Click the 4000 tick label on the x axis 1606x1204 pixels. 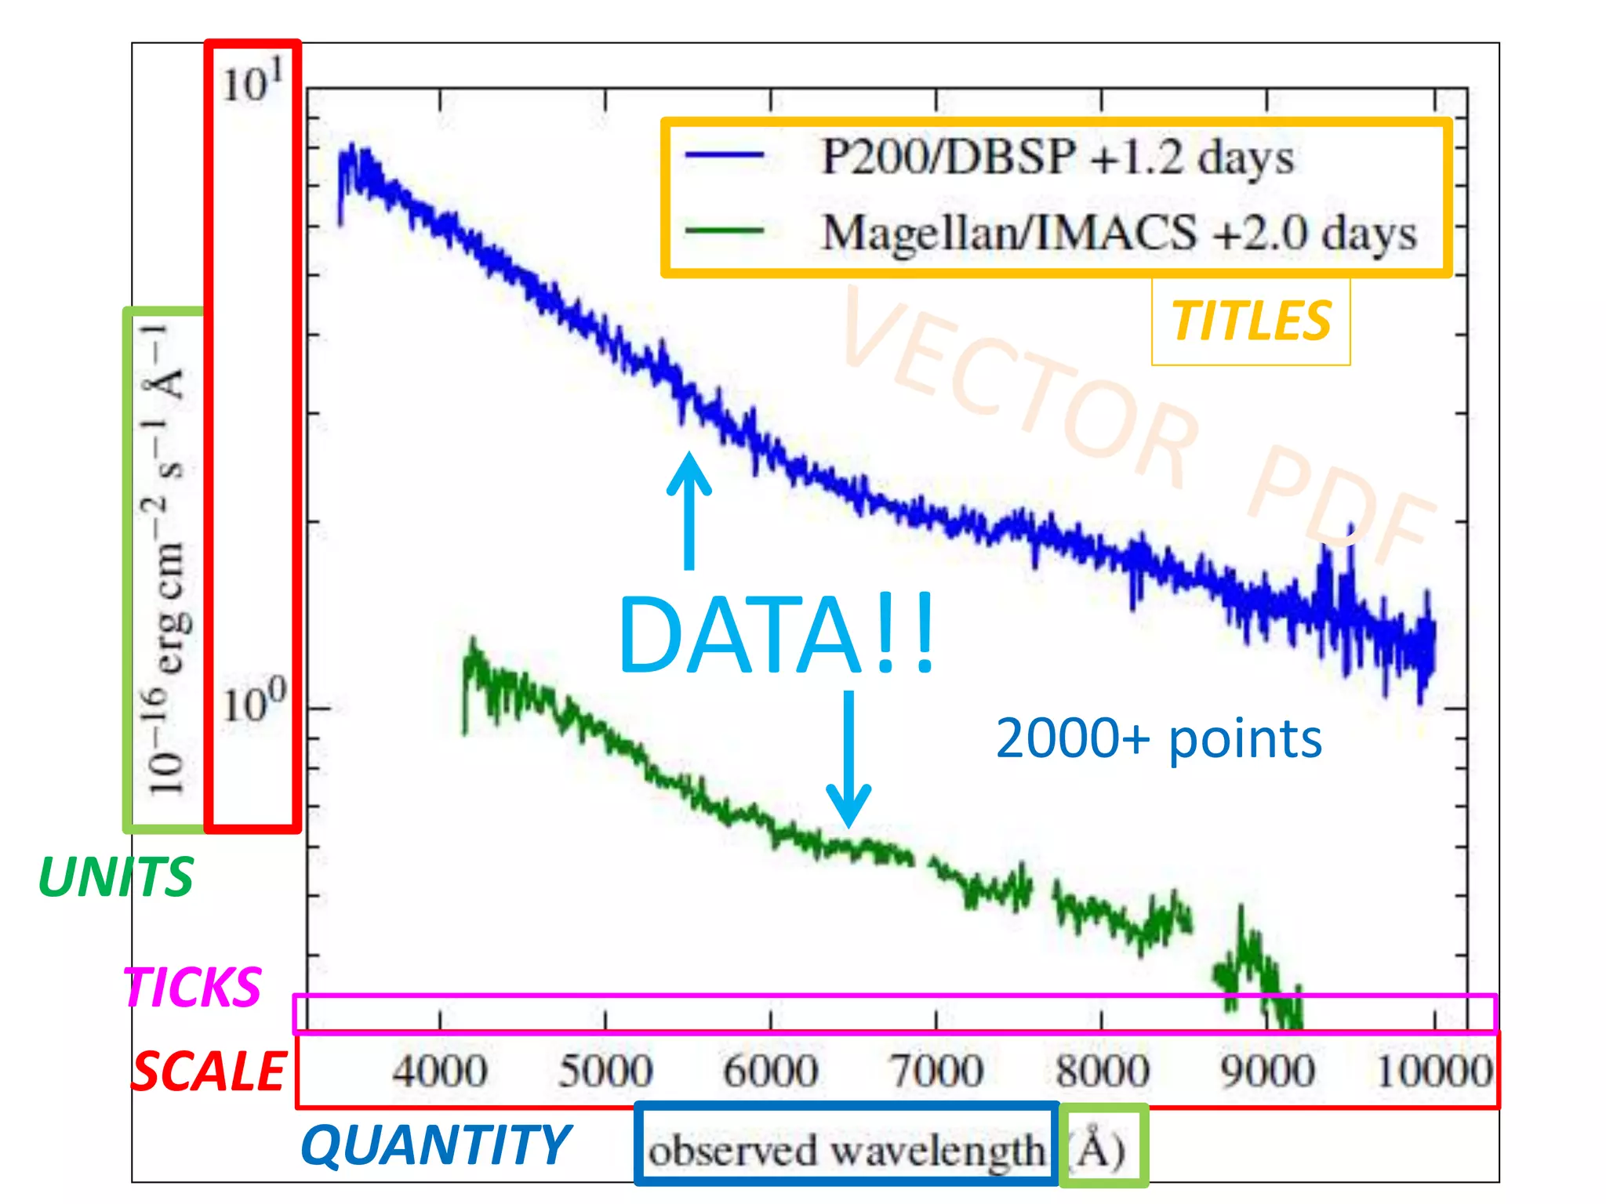tap(440, 1071)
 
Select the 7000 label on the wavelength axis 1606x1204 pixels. tap(936, 1071)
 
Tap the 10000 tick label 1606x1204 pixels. tap(1434, 1071)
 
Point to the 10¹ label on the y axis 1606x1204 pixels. tap(252, 82)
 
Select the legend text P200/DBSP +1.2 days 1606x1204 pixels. tap(1056, 157)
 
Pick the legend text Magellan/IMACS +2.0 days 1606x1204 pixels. tap(1119, 233)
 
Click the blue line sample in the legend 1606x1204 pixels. tap(724, 155)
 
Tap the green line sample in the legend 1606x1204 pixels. tap(724, 231)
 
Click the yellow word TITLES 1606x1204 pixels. tap(1251, 321)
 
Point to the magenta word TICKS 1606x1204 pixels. tap(192, 987)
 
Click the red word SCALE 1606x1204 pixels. tap(209, 1072)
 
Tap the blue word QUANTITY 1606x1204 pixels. tap(436, 1145)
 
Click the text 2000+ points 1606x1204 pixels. tap(1158, 738)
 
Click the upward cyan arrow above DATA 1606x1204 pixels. tap(689, 510)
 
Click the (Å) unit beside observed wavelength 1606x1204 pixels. tap(1101, 1150)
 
